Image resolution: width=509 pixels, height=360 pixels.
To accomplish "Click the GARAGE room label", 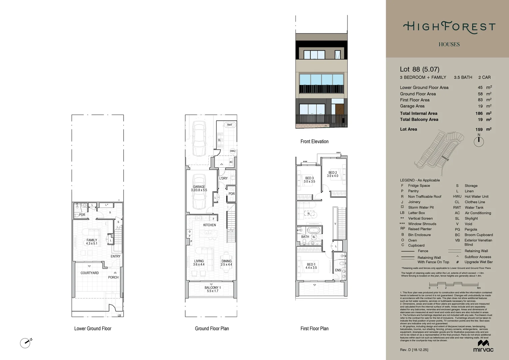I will tap(199, 187).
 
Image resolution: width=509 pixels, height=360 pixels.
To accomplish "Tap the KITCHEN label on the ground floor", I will tap(210, 225).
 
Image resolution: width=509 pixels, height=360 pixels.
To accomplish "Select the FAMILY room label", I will tap(92, 240).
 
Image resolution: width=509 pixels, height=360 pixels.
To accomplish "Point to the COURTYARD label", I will tap(90, 273).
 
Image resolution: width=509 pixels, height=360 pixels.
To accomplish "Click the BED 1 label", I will tap(311, 264).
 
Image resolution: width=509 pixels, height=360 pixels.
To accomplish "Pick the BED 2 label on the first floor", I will tap(332, 173).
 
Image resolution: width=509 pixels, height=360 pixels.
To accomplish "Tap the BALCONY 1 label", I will tap(213, 288).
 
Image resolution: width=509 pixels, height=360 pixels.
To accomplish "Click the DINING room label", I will tap(227, 261).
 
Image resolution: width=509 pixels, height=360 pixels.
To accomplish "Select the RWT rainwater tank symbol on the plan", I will tap(230, 125).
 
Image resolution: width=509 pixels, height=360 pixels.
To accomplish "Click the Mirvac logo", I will tap(483, 346).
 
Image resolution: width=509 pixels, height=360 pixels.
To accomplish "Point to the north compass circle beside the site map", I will tap(479, 142).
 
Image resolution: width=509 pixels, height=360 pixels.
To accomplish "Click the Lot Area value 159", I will tap(479, 129).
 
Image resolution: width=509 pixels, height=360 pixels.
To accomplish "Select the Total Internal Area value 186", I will tap(479, 113).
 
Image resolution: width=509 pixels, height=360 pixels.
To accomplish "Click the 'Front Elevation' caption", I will tap(314, 141).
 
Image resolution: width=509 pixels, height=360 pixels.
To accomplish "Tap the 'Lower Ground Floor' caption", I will tap(93, 329).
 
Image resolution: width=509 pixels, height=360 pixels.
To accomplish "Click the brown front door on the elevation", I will tap(339, 109).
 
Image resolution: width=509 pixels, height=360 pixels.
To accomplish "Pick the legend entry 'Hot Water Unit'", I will tap(476, 197).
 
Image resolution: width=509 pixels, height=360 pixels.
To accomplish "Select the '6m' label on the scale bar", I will tap(479, 288).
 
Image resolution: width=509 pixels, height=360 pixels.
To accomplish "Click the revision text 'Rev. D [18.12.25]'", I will tap(414, 350).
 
